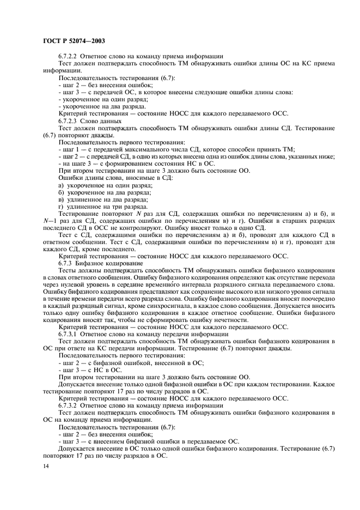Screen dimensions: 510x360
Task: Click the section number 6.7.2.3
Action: pyautogui.click(x=70, y=121)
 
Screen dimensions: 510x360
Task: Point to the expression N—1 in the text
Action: pyautogui.click(x=50, y=221)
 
